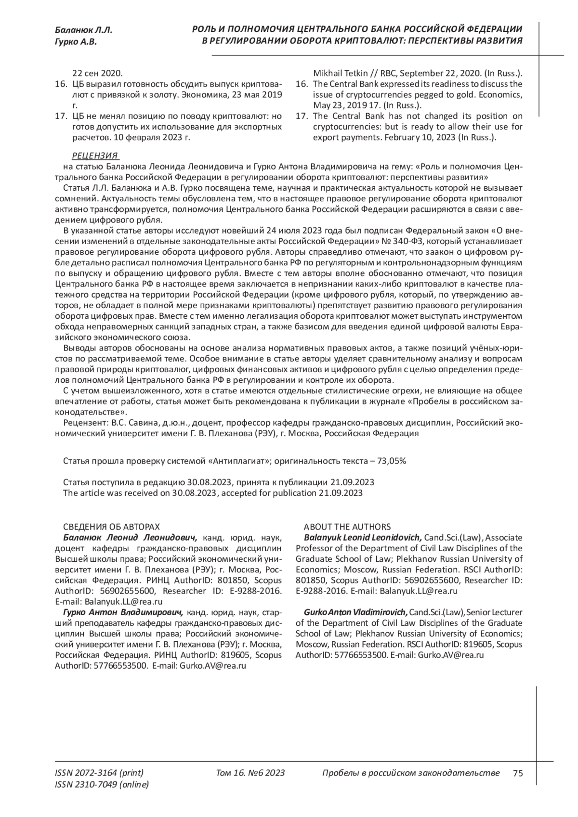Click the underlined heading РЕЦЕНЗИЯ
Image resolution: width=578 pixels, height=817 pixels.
tap(95, 156)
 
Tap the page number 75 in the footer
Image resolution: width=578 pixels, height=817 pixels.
tap(518, 773)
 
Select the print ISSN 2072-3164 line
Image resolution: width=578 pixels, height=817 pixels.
tap(99, 773)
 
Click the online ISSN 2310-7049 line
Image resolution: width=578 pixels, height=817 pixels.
tap(102, 784)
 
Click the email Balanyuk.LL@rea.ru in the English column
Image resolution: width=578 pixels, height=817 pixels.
tap(419, 591)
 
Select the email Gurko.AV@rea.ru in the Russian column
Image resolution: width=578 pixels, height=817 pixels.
tap(213, 666)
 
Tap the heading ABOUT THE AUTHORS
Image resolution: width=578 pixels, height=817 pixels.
tap(347, 527)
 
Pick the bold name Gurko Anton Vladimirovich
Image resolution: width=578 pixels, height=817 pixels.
tap(356, 612)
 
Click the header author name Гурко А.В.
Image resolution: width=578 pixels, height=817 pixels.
tap(76, 42)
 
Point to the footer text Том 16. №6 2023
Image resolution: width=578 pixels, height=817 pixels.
tap(250, 773)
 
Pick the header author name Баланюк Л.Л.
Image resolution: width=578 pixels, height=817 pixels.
tap(83, 30)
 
